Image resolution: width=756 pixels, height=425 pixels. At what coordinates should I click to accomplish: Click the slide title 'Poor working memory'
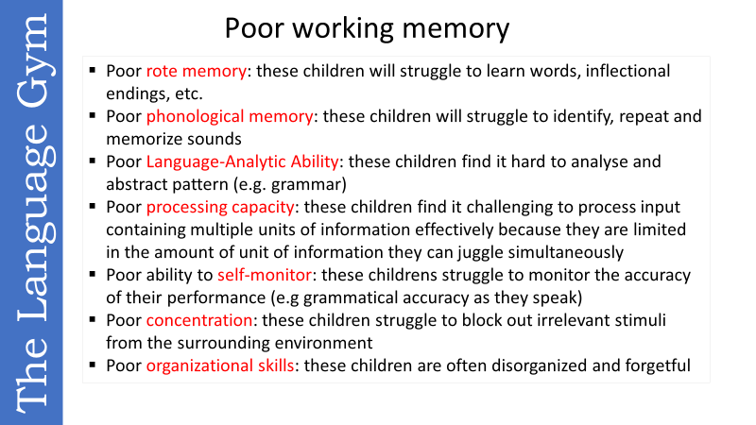coord(367,28)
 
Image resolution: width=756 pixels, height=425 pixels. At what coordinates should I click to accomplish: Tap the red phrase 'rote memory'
coord(197,72)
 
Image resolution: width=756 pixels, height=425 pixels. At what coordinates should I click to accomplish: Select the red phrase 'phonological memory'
coord(230,117)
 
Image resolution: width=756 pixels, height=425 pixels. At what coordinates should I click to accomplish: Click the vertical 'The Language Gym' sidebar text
coord(31,212)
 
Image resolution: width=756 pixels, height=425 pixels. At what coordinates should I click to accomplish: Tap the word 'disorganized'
coord(532,366)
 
